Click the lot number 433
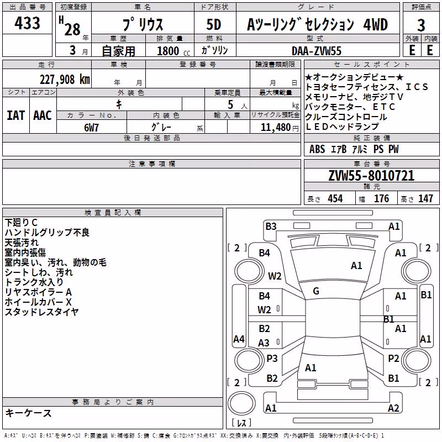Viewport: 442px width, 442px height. [x=27, y=23]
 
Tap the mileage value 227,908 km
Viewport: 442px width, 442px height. [x=65, y=80]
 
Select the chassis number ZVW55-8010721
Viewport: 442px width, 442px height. [x=371, y=176]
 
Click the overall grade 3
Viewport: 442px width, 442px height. [x=421, y=25]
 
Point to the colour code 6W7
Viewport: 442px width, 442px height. [x=91, y=128]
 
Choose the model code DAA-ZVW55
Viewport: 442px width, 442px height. [x=317, y=51]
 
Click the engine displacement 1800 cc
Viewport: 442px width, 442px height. [x=173, y=51]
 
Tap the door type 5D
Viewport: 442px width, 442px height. [x=214, y=24]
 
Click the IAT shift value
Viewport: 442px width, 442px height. [x=16, y=115]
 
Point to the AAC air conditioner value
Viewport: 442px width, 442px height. [x=43, y=115]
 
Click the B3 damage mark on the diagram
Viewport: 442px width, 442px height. [x=271, y=227]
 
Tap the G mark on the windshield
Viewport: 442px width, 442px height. [x=316, y=291]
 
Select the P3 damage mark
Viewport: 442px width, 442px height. [x=272, y=358]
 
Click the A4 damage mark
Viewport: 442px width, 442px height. [x=239, y=339]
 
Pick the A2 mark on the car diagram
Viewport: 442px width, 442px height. [x=393, y=408]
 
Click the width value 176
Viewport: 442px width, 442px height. [x=381, y=198]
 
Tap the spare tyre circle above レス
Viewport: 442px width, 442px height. [x=241, y=403]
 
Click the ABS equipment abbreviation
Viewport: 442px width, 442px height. [x=317, y=149]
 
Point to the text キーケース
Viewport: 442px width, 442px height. [x=29, y=413]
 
